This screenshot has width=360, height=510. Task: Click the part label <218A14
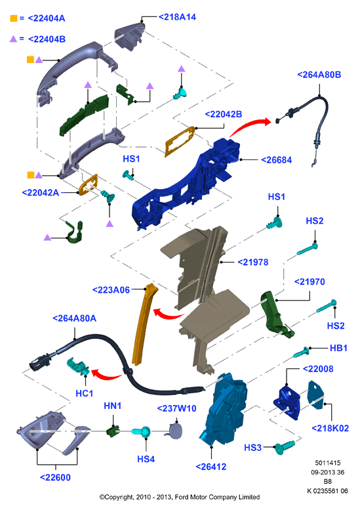point(177,17)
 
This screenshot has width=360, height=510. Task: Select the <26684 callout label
point(277,159)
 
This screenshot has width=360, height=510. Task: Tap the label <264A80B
point(319,74)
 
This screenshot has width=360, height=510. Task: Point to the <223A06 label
point(111,290)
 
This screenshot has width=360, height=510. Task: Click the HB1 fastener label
point(338,348)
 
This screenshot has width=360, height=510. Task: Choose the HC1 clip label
point(84,393)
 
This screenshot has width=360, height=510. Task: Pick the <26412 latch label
point(211,467)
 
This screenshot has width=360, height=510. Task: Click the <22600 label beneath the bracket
point(55,477)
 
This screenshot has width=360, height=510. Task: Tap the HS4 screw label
point(146,459)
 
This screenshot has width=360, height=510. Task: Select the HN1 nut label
point(112,406)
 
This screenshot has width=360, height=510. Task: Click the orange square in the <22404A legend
point(13,18)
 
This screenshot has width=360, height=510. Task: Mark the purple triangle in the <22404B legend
point(13,39)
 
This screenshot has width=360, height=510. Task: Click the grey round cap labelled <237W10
point(175,431)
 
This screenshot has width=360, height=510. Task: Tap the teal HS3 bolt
point(285,447)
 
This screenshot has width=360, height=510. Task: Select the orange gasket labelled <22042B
point(180,141)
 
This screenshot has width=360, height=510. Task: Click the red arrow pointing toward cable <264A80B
point(250,126)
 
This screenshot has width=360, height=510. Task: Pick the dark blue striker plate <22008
point(287,402)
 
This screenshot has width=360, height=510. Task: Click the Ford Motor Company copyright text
point(180,497)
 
